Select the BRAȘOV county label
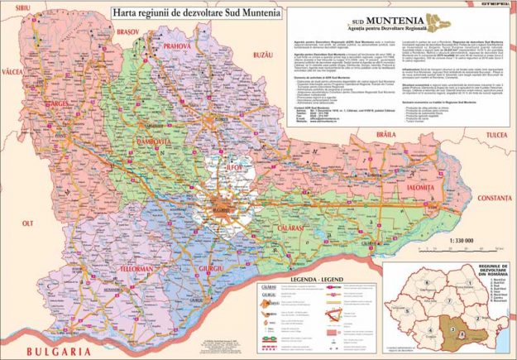[127, 31]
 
